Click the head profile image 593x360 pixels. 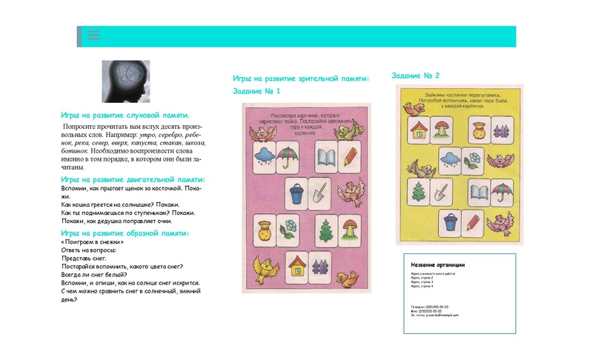[x=125, y=81]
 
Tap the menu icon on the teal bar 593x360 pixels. [x=93, y=35]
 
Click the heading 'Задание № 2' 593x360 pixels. [x=415, y=76]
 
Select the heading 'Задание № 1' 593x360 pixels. [x=256, y=91]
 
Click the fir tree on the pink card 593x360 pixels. [x=325, y=230]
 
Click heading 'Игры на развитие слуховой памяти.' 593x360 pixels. [x=125, y=116]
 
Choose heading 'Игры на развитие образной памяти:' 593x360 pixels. [x=125, y=233]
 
